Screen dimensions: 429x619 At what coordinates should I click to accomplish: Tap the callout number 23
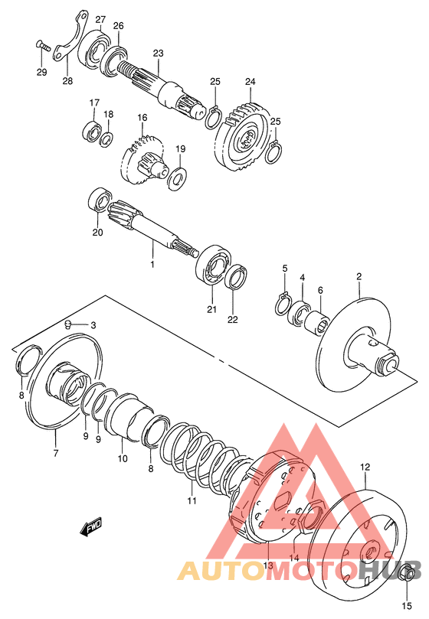(x=158, y=53)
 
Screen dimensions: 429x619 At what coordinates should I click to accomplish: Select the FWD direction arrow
(x=91, y=526)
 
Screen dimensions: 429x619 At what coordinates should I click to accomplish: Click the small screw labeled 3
(x=68, y=324)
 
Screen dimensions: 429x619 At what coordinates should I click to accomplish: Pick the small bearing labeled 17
(x=92, y=130)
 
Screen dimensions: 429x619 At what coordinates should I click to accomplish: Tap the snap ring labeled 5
(x=281, y=304)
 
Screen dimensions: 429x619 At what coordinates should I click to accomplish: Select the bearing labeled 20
(x=100, y=200)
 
